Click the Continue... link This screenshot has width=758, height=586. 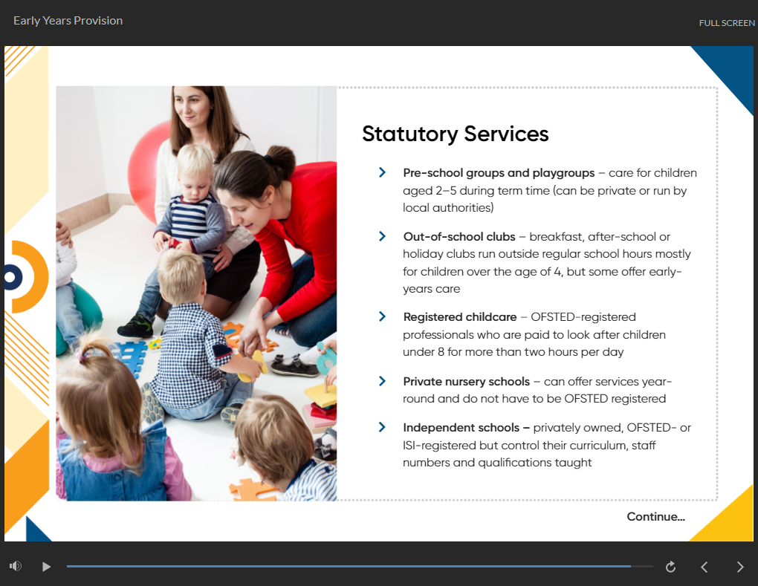click(655, 517)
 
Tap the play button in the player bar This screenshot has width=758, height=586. click(46, 567)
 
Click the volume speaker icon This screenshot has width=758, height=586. click(15, 567)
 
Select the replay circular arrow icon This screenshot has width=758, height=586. click(670, 567)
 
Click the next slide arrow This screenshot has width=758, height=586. click(739, 567)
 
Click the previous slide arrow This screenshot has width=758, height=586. click(704, 567)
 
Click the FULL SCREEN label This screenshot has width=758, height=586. click(726, 23)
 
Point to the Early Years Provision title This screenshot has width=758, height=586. click(68, 21)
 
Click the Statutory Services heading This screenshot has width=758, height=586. click(455, 134)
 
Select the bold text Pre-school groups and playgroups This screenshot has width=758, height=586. click(499, 173)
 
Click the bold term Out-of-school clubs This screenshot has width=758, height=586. click(459, 237)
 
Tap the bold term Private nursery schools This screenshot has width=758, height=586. click(466, 382)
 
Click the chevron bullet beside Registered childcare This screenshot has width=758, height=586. click(382, 317)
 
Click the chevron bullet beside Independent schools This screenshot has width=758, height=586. click(382, 428)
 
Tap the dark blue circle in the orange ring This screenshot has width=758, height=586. click(10, 277)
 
